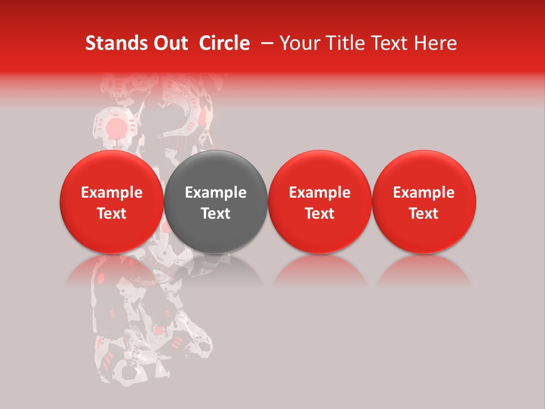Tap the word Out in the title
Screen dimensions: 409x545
click(169, 43)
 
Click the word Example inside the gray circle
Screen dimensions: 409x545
click(216, 193)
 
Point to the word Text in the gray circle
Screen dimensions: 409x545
click(216, 214)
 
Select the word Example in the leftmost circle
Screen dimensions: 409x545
click(112, 193)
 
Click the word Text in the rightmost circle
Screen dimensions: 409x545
click(424, 214)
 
